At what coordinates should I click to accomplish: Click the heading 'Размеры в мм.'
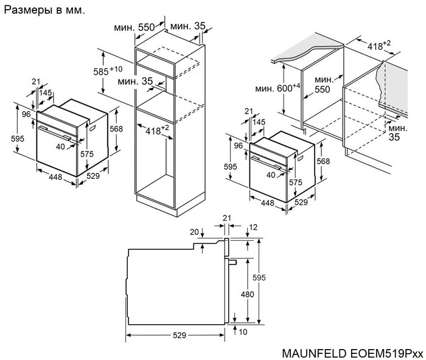[45, 10]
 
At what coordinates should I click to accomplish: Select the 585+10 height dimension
[111, 71]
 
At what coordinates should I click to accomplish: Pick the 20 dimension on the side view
[194, 232]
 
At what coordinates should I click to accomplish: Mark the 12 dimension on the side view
[253, 227]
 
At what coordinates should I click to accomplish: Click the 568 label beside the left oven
[117, 129]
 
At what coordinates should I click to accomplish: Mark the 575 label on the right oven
[295, 182]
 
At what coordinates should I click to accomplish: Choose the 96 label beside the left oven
[26, 114]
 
